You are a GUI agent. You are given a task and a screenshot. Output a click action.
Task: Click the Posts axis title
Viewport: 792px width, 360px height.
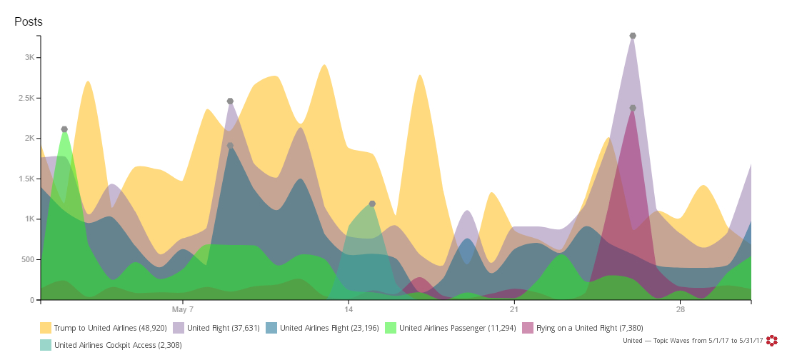tap(29, 21)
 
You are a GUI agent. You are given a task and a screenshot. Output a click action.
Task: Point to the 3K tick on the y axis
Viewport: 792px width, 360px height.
tap(26, 57)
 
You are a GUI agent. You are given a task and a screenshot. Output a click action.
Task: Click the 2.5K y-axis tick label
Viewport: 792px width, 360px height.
tap(23, 98)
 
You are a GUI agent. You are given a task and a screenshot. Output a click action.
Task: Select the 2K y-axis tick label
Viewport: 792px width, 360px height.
tap(26, 138)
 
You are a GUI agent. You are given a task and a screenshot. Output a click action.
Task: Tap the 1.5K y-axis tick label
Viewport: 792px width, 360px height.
tap(23, 179)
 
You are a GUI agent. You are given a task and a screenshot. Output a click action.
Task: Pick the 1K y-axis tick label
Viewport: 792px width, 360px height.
tap(26, 219)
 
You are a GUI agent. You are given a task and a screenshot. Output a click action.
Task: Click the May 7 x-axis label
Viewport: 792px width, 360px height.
tap(183, 310)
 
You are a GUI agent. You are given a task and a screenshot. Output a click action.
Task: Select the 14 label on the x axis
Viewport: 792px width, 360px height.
tap(349, 310)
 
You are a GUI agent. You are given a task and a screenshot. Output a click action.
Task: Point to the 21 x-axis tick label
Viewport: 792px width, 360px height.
tap(514, 310)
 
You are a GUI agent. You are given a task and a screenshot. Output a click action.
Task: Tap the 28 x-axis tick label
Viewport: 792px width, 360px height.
tap(680, 310)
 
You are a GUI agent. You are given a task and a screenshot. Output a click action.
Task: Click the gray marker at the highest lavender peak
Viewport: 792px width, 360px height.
tap(633, 36)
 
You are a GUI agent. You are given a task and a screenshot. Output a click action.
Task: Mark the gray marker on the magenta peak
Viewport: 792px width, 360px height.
tap(633, 108)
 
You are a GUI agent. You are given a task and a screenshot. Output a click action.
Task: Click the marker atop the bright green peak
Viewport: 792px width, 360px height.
tap(64, 129)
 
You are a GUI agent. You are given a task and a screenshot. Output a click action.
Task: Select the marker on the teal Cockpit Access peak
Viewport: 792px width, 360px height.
tap(372, 204)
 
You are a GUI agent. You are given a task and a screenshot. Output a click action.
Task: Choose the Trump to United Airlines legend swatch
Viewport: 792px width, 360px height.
tap(46, 328)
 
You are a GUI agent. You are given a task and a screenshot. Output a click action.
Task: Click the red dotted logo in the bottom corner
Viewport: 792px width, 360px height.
tap(771, 341)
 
